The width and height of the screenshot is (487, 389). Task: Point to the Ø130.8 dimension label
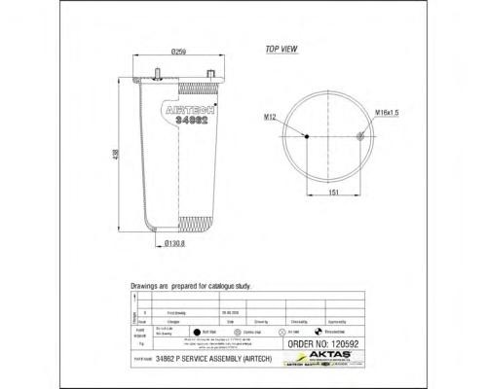tap(174, 243)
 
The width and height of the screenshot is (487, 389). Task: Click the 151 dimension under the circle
tap(332, 193)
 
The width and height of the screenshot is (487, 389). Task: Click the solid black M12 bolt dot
tap(308, 137)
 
